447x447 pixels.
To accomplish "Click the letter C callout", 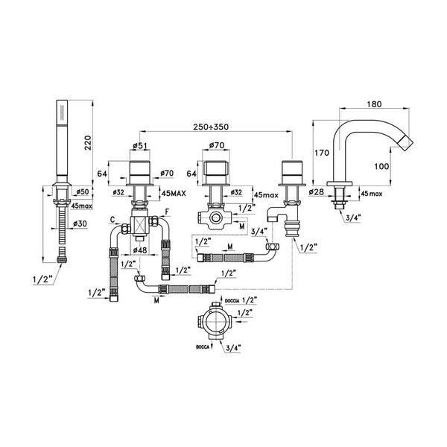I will point(112,221).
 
